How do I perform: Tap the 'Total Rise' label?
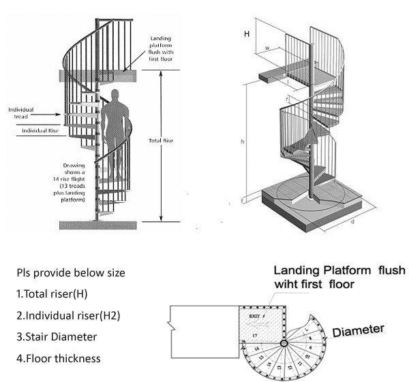161,141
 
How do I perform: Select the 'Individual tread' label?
21,113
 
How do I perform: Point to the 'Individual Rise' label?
40,130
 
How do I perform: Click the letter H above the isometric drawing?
247,33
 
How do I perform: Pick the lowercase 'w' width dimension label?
267,48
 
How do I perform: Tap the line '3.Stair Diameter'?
57,336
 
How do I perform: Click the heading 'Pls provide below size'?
72,274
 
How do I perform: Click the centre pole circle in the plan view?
284,343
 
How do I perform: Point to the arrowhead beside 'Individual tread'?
63,114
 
